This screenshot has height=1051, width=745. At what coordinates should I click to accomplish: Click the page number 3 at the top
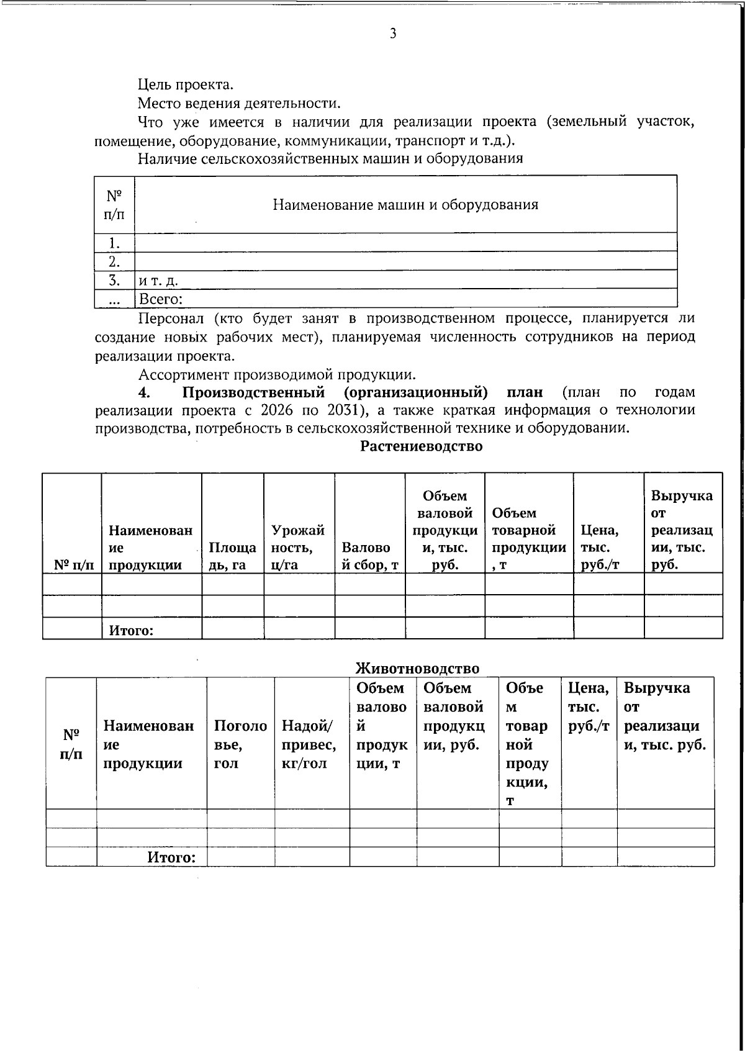pos(392,34)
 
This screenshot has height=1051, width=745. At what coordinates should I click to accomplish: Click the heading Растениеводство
pos(422,446)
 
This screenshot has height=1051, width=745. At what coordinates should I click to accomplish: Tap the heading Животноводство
pos(417,668)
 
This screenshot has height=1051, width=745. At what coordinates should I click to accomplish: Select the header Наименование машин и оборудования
pos(405,205)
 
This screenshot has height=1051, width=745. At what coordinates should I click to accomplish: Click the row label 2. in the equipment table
pos(114,261)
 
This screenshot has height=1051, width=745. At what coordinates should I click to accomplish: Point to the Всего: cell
pos(160,299)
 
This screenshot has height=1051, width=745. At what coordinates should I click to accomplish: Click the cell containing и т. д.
pos(158,281)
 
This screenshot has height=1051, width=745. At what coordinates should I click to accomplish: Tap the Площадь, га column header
pos(232,556)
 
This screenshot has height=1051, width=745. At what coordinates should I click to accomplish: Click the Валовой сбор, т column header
pos(369,556)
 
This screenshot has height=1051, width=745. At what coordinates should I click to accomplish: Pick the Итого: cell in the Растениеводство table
pos(131,631)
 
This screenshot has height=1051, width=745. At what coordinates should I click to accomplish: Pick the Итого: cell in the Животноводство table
pos(171,857)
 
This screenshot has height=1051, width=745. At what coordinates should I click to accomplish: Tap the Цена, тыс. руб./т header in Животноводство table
pos(589,706)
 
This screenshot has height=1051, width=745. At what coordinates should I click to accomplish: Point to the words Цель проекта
pos(185,84)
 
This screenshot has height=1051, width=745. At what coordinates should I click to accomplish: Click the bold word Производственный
pos(253,392)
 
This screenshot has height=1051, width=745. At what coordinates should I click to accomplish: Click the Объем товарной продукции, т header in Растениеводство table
pos(528,539)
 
